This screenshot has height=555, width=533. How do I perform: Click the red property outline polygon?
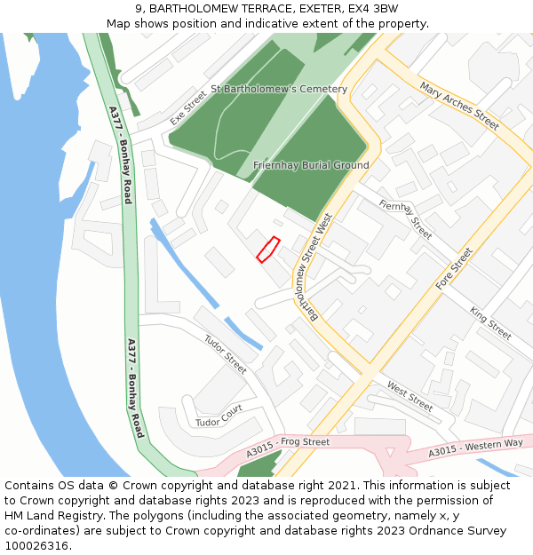[x=268, y=250]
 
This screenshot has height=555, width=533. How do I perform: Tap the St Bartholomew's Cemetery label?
[x=279, y=90]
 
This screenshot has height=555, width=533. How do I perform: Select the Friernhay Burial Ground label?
[x=311, y=165]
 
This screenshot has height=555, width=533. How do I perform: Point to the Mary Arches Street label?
[x=460, y=107]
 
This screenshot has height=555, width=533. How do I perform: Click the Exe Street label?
[x=188, y=106]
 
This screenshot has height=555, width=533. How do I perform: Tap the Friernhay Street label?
[x=405, y=219]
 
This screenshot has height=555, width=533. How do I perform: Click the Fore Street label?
[x=454, y=269]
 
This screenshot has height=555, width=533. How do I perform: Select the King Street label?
[x=491, y=323]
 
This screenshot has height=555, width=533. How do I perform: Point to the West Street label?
[x=410, y=396]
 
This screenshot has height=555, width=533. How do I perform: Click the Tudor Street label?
[x=225, y=353]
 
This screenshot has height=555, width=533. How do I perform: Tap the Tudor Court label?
[x=219, y=416]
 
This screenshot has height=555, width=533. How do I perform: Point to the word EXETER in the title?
[x=298, y=8]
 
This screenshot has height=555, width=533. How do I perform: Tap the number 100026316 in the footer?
[x=37, y=545]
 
